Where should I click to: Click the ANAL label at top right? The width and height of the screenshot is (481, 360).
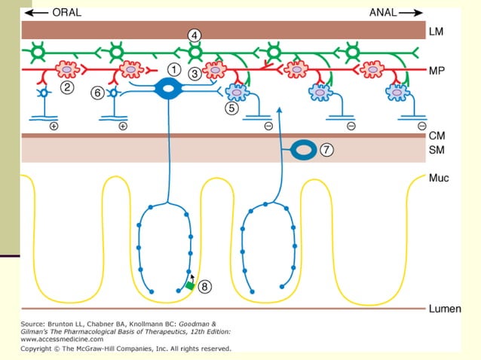(385, 13)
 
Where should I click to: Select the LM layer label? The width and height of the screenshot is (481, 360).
(436, 32)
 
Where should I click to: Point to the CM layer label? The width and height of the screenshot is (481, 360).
(437, 136)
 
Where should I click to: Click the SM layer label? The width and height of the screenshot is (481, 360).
(437, 151)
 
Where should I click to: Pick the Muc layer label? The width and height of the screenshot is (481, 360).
(439, 179)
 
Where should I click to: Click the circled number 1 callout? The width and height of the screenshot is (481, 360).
(174, 69)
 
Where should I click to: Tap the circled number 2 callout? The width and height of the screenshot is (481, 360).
(67, 87)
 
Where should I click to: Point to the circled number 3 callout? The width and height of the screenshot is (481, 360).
(195, 74)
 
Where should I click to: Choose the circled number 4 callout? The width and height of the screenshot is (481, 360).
(195, 35)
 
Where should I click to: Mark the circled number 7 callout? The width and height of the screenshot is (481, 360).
(326, 150)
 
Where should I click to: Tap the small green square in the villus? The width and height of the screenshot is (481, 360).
(190, 285)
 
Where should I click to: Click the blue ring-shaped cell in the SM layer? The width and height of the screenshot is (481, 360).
(304, 150)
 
